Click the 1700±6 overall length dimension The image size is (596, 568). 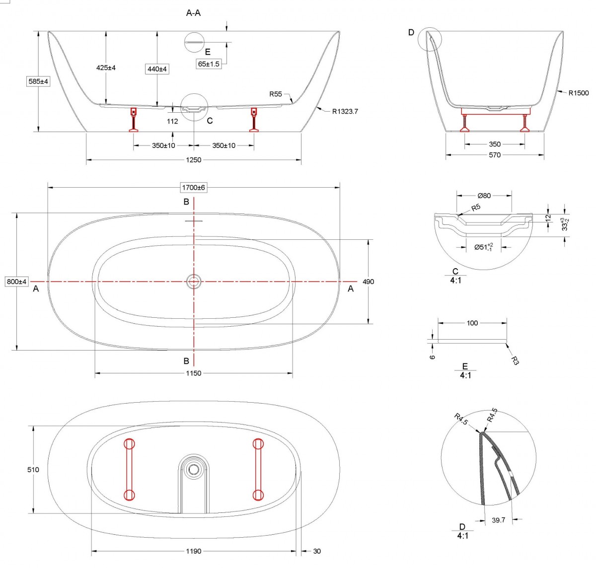point(194,188)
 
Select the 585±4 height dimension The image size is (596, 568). point(38,81)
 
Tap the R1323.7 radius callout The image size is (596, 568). point(345,112)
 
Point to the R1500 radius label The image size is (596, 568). point(579,93)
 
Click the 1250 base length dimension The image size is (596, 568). point(194,160)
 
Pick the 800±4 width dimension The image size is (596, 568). point(16,282)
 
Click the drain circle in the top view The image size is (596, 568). point(194,282)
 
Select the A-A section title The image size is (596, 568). point(193,13)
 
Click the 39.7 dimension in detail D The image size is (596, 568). point(498,520)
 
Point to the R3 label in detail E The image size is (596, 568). point(515,360)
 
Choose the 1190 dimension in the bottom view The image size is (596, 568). point(194,551)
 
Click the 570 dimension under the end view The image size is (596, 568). point(495,155)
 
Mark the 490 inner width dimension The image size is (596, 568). point(368,282)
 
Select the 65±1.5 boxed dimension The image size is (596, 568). point(209,64)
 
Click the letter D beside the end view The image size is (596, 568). point(411,33)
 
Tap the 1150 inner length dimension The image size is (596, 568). point(194,373)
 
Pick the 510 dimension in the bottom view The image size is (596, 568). point(33,469)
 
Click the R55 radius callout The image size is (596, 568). point(276,94)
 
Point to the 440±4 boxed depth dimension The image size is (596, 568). point(156,70)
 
